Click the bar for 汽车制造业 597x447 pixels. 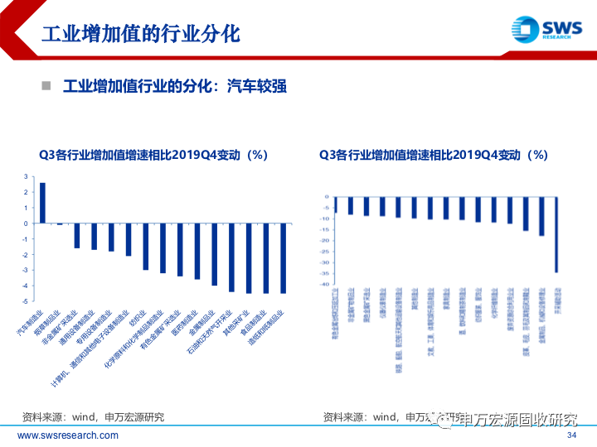(x=42, y=203)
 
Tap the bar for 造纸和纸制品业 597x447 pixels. (x=284, y=258)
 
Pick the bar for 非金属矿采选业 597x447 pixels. (x=77, y=236)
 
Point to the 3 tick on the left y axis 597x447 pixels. (x=26, y=176)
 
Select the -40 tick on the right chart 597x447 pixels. (x=323, y=284)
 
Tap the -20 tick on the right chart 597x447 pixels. (x=323, y=240)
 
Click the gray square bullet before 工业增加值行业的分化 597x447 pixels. (x=47, y=85)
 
